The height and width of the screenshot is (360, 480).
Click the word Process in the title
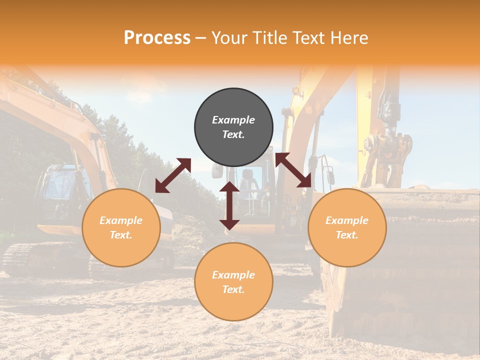pyautogui.click(x=157, y=38)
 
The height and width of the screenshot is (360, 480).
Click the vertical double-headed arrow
pyautogui.click(x=229, y=205)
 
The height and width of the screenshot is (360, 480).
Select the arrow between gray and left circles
pyautogui.click(x=173, y=175)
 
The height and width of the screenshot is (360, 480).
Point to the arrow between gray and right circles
pyautogui.click(x=293, y=170)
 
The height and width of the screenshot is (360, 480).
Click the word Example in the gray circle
pyautogui.click(x=233, y=120)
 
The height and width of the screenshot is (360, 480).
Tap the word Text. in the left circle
pyautogui.click(x=121, y=235)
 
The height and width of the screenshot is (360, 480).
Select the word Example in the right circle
pyautogui.click(x=347, y=220)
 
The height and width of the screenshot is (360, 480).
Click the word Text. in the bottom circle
pyautogui.click(x=233, y=289)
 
